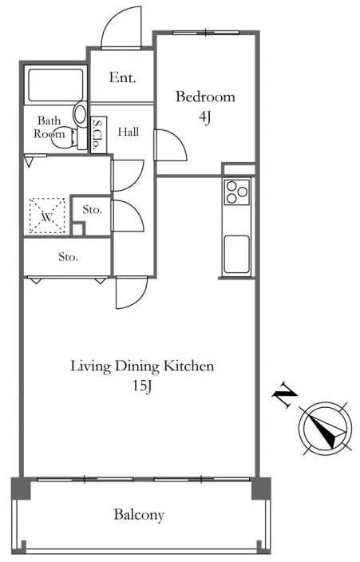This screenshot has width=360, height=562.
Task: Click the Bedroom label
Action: point(205,97)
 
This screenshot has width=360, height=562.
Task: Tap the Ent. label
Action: point(123,77)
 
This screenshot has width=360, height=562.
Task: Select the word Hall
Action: point(129,132)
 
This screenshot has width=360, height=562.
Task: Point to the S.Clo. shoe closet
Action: point(98,135)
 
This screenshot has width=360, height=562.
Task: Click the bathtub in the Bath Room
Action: point(56,85)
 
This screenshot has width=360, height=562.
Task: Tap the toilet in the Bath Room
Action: point(64,137)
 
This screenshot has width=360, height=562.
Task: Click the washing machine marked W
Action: point(47,216)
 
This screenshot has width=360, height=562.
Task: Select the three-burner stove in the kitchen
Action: point(236,192)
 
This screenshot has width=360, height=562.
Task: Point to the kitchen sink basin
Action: point(236,254)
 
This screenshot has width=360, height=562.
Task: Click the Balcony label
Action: point(139,515)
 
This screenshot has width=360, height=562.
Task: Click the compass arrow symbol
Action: point(325,429)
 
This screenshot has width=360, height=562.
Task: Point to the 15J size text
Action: point(142,386)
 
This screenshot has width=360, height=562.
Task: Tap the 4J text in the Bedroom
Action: point(204,117)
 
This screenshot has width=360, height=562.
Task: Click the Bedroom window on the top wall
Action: point(206,34)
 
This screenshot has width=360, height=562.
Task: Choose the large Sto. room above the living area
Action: point(67,256)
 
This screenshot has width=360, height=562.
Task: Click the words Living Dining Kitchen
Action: point(142,366)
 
